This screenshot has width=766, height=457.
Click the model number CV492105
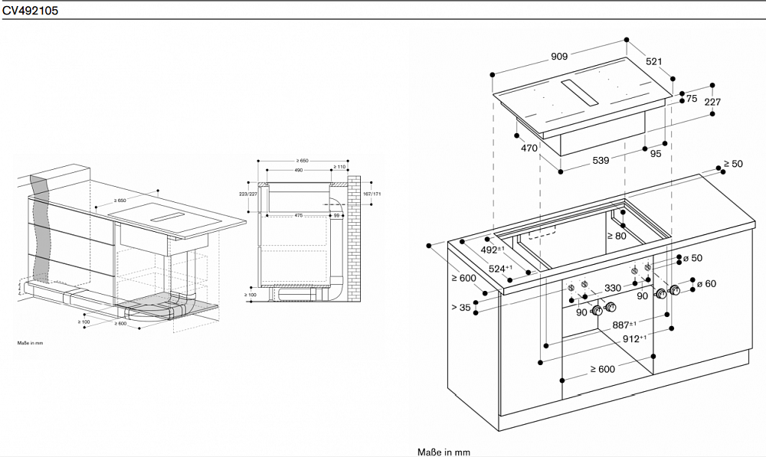[31, 11]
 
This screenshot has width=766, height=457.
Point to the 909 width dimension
[558, 56]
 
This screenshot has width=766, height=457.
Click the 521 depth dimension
[653, 61]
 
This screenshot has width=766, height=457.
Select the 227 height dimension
[712, 102]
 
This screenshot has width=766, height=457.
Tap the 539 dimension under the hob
[601, 160]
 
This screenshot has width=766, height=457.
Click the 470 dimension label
[529, 149]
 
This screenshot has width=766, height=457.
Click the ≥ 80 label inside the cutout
[617, 236]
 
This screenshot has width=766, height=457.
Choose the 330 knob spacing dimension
[613, 288]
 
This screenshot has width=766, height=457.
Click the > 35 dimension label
[461, 308]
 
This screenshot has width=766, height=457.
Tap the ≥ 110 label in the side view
[339, 166]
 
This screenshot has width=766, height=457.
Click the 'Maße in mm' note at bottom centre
[443, 452]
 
